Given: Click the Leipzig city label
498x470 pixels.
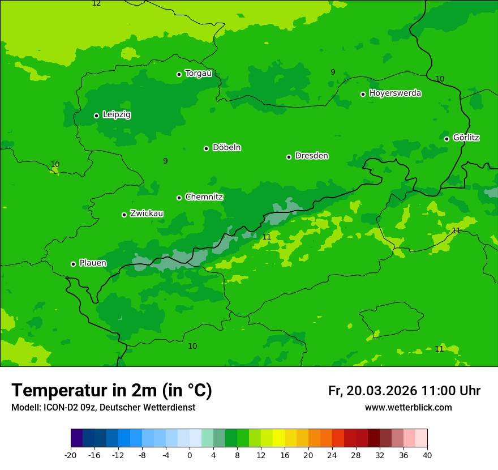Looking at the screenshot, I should click(117, 114).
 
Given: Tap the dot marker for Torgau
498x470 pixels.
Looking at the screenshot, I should click(179, 74).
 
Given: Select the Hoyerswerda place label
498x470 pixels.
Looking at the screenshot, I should click(395, 93).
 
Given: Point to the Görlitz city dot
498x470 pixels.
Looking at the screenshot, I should click(447, 139).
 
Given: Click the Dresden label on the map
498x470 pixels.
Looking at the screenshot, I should click(311, 156).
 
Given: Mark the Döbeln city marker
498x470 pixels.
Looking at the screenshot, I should click(206, 148).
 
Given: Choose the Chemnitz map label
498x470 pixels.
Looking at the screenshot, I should click(204, 197).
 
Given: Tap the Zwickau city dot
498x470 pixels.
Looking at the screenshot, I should click(124, 215).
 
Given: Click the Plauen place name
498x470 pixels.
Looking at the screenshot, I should click(93, 263).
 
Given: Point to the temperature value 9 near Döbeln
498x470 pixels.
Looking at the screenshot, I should click(165, 161).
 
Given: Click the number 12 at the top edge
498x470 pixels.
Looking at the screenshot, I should click(96, 3).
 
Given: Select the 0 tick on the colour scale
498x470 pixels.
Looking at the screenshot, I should click(190, 455).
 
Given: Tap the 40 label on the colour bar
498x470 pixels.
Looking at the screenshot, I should click(427, 455).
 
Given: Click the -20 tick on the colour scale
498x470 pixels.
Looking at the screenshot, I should click(71, 455).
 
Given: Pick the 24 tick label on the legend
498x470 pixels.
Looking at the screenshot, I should click(332, 455).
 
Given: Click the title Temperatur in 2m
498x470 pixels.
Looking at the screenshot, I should click(111, 390).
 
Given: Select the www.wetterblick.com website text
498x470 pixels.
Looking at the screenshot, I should click(408, 407).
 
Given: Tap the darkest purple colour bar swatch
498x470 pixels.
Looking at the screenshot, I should click(76, 438).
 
